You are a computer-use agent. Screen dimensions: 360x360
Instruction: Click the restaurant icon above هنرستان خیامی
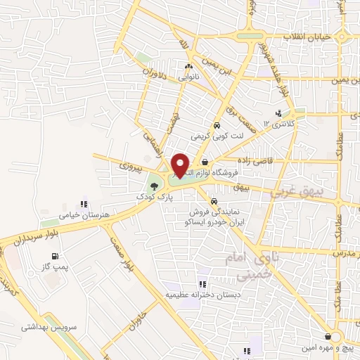coord(84,204)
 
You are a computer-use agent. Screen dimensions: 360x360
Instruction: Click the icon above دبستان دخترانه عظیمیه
coord(202,284)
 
